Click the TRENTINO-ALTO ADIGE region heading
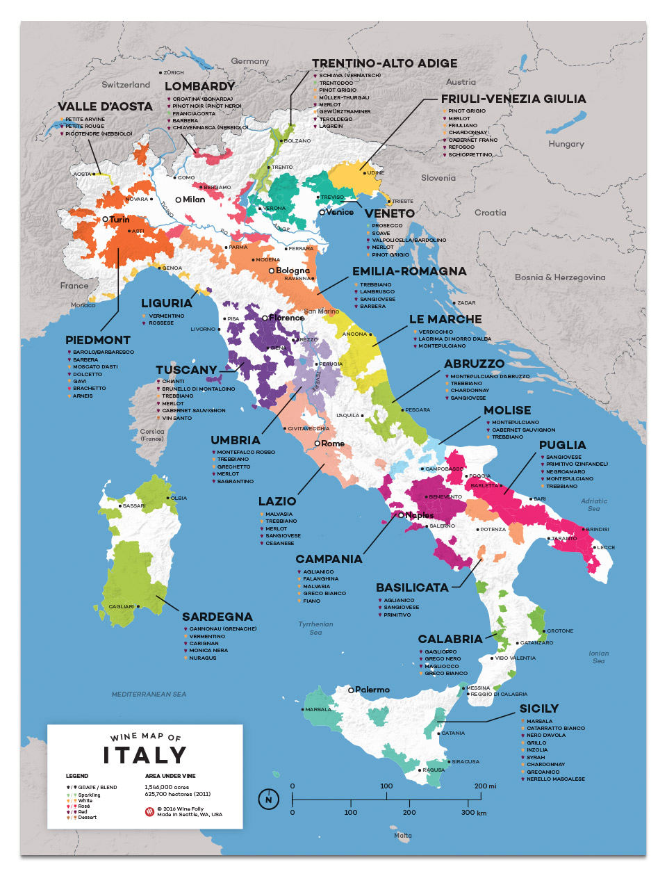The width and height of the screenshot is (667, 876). (x=384, y=63)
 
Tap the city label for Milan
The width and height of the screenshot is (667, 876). (x=193, y=200)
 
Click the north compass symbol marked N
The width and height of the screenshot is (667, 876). (x=269, y=800)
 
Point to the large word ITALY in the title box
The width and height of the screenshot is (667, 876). (x=145, y=755)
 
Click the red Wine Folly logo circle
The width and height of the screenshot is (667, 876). (x=149, y=811)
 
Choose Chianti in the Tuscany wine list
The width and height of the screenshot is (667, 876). (x=173, y=381)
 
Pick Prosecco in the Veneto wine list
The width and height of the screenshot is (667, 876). (x=387, y=225)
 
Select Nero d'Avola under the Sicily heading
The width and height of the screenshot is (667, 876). (x=546, y=736)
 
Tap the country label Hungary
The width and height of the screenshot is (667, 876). (x=566, y=144)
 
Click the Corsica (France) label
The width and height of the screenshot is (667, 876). (x=152, y=435)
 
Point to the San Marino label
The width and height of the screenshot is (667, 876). (x=321, y=311)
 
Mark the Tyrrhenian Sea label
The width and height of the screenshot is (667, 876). (x=315, y=628)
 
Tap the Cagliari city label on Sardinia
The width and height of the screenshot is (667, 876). (x=121, y=606)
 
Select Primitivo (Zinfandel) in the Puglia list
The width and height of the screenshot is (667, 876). (x=577, y=464)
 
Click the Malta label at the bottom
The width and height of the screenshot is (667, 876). (x=403, y=835)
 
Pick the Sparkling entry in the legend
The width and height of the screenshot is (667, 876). (x=89, y=795)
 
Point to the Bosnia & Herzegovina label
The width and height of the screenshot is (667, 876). (x=560, y=277)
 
